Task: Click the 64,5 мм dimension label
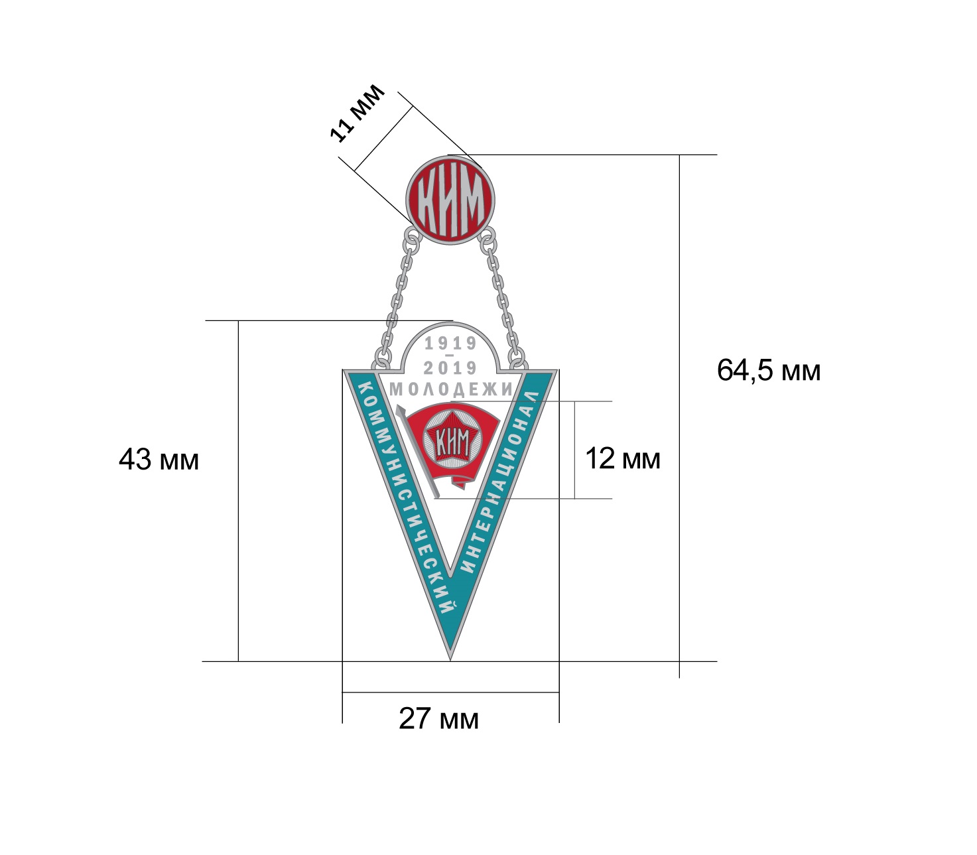click(768, 370)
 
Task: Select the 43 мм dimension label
click(159, 460)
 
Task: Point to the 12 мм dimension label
click(623, 458)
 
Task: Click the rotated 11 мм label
click(358, 113)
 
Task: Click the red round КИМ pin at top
click(450, 200)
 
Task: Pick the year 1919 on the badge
click(450, 343)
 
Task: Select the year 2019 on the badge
click(450, 367)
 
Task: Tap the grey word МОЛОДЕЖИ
click(451, 389)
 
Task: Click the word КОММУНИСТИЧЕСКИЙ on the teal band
click(405, 496)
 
